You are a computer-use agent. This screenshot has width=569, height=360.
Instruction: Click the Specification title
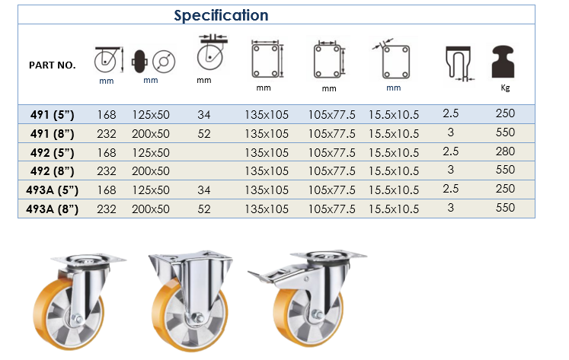pos(221,15)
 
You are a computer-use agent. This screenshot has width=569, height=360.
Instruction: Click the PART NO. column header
pos(53,65)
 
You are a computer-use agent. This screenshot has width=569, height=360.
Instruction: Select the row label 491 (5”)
pos(53,115)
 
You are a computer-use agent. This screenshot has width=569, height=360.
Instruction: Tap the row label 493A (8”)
pos(53,209)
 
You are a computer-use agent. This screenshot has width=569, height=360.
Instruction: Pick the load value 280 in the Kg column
pos(505,151)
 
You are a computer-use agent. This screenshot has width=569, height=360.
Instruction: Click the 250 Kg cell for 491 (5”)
pos(505,113)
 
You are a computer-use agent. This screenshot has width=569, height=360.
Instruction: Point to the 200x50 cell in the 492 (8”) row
pos(151,170)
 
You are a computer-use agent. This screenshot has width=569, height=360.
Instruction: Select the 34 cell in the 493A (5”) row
pos(204,190)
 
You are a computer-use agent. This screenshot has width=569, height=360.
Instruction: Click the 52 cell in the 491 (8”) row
pos(204,134)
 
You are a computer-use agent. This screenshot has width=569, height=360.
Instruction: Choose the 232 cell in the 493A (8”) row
pos(107,209)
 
